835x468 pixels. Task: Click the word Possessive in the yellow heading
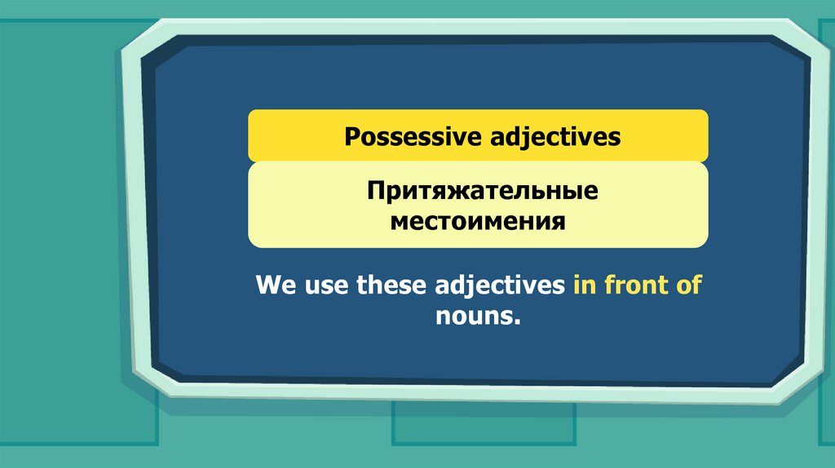pyautogui.click(x=413, y=136)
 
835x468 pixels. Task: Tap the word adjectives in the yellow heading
pyautogui.click(x=555, y=137)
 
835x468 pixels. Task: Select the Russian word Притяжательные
pyautogui.click(x=483, y=191)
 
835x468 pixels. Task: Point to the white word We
pyautogui.click(x=276, y=285)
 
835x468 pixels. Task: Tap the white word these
pyautogui.click(x=391, y=285)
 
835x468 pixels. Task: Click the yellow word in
pyautogui.click(x=585, y=285)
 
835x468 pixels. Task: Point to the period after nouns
pyautogui.click(x=517, y=323)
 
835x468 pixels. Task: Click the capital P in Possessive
pyautogui.click(x=352, y=137)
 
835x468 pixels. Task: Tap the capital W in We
pyautogui.click(x=268, y=285)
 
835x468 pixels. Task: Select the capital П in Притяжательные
pyautogui.click(x=376, y=191)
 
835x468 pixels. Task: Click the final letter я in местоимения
pyautogui.click(x=558, y=223)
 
